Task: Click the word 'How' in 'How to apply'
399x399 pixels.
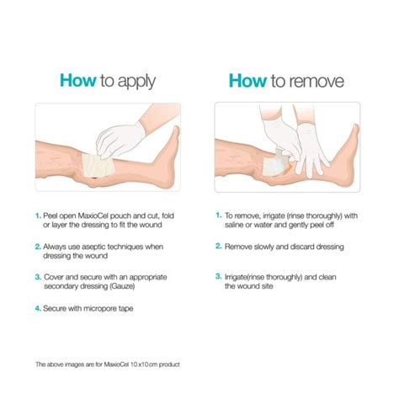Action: (77, 80)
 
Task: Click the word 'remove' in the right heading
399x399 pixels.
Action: (318, 80)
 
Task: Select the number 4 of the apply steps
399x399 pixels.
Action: (38, 308)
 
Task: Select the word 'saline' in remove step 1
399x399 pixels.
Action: (237, 225)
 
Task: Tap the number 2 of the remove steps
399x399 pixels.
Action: (217, 247)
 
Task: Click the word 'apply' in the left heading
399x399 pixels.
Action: (139, 82)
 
